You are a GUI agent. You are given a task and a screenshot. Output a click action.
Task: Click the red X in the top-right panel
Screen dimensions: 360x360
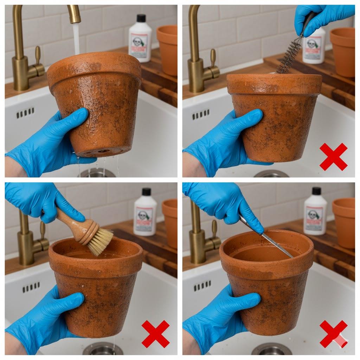[x=333, y=157]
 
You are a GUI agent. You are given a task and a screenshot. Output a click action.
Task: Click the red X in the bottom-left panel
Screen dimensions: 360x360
[x=155, y=334]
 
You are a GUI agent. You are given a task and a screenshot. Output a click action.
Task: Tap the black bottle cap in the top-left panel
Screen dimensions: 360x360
[x=141, y=18]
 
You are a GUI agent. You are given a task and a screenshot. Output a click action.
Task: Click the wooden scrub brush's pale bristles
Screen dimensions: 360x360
[x=101, y=242]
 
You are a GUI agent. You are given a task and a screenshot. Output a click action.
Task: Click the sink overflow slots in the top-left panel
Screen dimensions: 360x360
[x=25, y=113]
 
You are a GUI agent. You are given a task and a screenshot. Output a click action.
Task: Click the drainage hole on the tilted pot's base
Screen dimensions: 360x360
[x=102, y=151]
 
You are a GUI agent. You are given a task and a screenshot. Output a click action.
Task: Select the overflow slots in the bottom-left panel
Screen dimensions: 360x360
[x=31, y=288]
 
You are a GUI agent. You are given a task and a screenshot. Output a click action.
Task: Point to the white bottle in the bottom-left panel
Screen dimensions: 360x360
[x=145, y=214]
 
